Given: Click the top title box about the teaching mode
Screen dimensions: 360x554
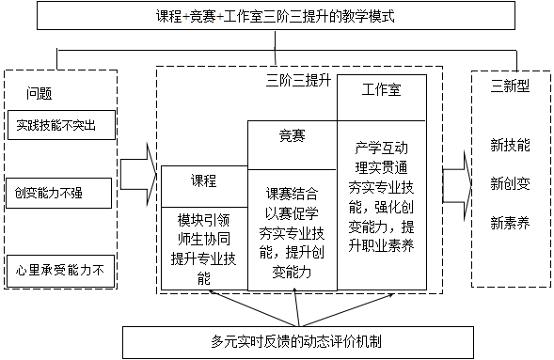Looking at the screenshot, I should [x=277, y=16].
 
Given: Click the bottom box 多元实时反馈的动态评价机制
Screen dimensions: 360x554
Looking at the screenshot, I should [x=277, y=341].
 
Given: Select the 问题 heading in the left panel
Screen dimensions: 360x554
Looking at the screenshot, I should [x=40, y=94].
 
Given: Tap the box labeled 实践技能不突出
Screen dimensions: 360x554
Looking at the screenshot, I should [x=58, y=124].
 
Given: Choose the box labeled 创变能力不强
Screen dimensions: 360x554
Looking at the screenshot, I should [x=58, y=194].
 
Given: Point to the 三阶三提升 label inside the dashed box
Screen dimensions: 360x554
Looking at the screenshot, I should [x=299, y=82].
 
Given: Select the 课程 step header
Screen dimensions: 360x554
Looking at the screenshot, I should [x=204, y=181].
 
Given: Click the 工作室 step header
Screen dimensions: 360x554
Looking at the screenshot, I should [x=382, y=89].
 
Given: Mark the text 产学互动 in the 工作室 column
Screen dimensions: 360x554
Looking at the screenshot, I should [x=382, y=149].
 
